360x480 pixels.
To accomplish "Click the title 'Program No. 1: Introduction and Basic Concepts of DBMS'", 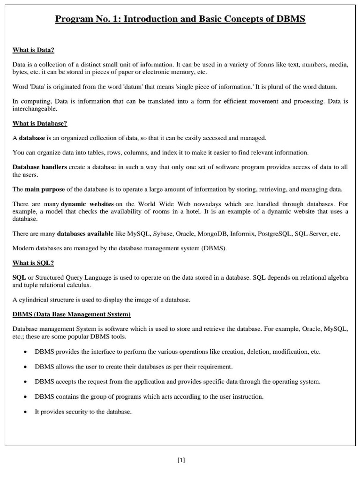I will [180, 19].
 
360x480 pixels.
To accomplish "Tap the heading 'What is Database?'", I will [40, 123].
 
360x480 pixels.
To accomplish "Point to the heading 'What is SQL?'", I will [33, 263].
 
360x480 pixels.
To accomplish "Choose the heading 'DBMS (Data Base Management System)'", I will [71, 314].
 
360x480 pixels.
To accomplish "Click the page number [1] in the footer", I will [181, 460].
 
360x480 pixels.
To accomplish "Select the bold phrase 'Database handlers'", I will [39, 167].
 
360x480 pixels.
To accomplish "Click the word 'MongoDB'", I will [212, 233].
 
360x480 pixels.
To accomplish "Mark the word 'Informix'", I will [242, 233].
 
